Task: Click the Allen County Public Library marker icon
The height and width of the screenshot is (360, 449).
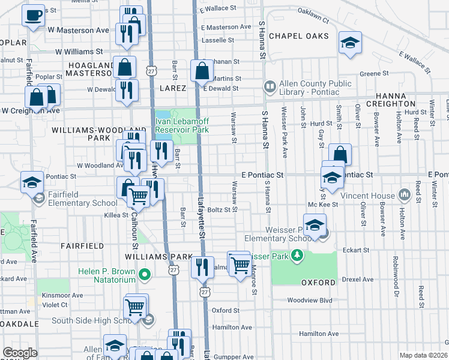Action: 269,88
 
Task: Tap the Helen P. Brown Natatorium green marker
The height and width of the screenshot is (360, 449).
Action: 144,276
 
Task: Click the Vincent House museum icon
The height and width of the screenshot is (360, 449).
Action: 404,195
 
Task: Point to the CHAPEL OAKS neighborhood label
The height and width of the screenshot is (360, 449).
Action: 299,36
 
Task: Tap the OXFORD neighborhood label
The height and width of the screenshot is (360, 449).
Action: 318,282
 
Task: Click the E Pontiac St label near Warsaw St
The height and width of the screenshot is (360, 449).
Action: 262,175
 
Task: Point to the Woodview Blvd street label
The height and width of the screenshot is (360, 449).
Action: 310,300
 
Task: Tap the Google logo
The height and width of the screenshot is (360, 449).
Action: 20,353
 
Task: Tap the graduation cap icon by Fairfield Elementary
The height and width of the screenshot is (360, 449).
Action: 32,182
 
